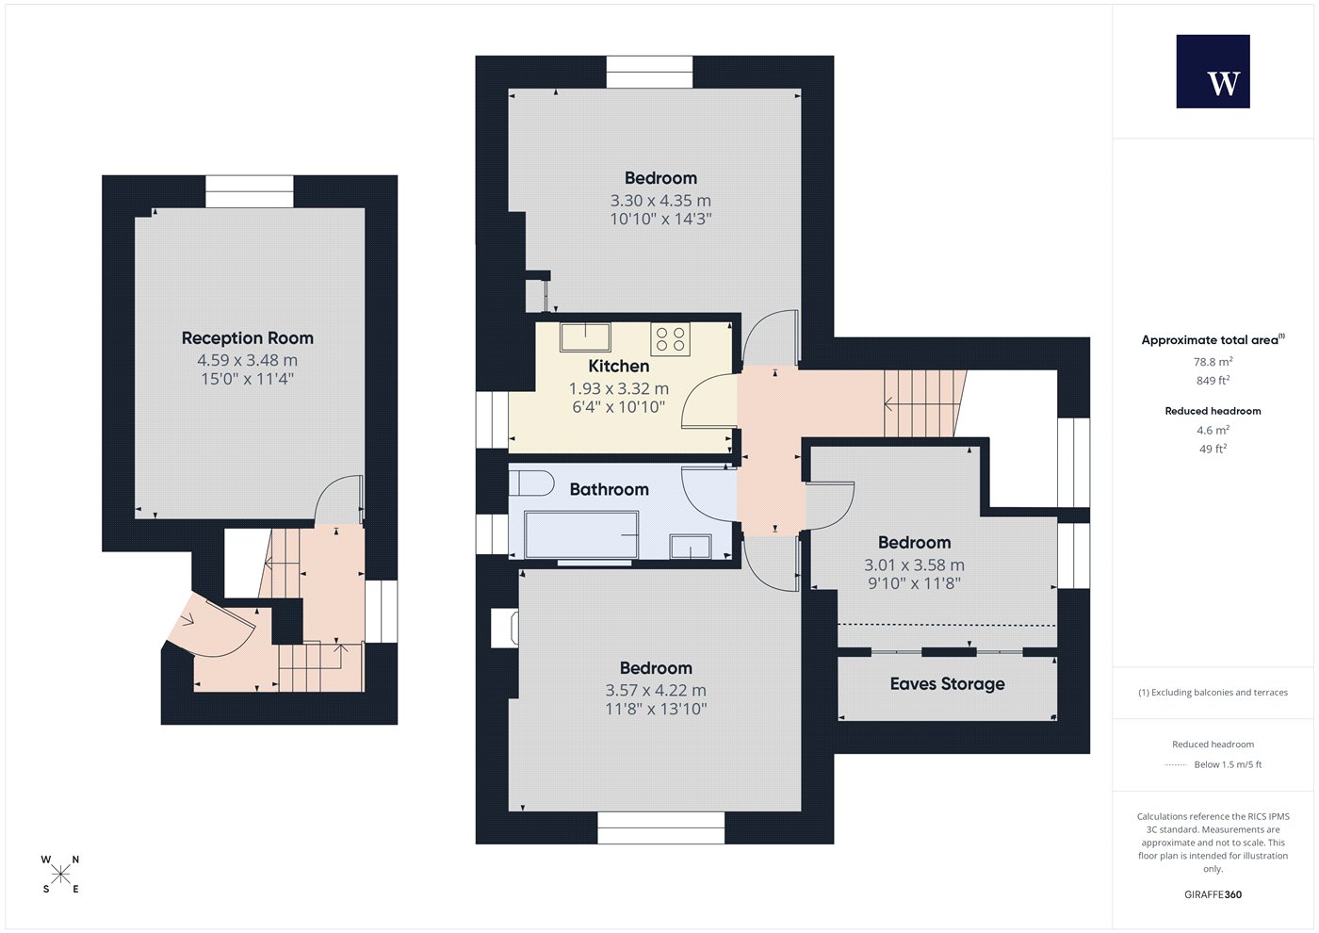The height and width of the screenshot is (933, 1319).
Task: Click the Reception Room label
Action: click(x=247, y=338)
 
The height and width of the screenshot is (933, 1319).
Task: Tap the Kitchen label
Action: click(x=619, y=366)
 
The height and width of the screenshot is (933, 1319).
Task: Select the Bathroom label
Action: click(x=610, y=489)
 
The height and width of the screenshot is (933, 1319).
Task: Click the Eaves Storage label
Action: click(x=948, y=684)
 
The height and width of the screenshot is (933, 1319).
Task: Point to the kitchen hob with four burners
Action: click(x=670, y=338)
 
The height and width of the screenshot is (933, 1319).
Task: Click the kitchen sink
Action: click(x=585, y=337)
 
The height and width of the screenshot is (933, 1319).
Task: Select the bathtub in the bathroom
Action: click(x=581, y=535)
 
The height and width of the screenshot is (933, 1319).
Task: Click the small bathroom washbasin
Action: click(x=691, y=546)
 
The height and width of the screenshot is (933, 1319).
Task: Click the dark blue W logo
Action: click(x=1213, y=72)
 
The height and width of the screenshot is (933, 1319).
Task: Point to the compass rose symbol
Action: click(x=60, y=875)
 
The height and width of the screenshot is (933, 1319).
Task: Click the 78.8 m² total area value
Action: click(x=1213, y=362)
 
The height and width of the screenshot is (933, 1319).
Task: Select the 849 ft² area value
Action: click(x=1213, y=381)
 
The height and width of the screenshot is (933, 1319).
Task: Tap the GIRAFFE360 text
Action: click(x=1213, y=894)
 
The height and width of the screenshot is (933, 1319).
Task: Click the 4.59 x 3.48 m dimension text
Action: click(x=247, y=360)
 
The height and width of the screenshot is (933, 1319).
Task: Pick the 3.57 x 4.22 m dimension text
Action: click(x=656, y=690)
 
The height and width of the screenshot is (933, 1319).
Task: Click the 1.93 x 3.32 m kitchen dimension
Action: click(x=619, y=388)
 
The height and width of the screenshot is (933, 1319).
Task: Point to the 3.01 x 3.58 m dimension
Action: click(x=915, y=565)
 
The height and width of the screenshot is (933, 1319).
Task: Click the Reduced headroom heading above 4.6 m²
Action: click(x=1213, y=411)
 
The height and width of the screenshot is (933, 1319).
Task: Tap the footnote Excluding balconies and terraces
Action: click(x=1213, y=693)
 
